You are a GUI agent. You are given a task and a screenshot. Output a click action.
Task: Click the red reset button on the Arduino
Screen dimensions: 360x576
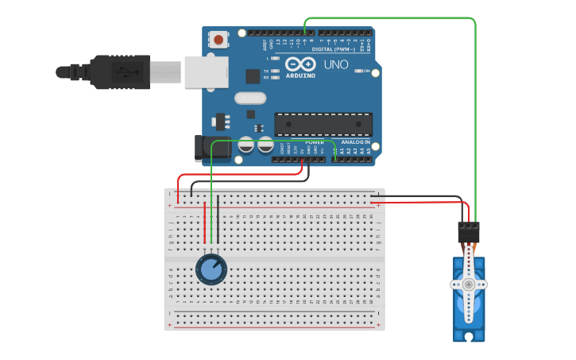pyautogui.click(x=218, y=38)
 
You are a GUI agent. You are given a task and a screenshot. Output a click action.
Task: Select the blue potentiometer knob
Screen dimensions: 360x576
pyautogui.click(x=211, y=269)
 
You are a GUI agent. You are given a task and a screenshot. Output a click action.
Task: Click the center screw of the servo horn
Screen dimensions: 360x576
pyautogui.click(x=469, y=284)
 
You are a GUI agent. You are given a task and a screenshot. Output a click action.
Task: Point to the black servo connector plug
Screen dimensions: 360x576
pyautogui.click(x=469, y=231)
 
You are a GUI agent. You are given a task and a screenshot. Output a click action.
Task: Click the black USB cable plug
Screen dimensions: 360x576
pyautogui.click(x=119, y=72)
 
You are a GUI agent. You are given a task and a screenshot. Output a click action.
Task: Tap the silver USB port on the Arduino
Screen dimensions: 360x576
pyautogui.click(x=206, y=72)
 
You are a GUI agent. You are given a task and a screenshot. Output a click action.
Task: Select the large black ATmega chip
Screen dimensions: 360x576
pyautogui.click(x=323, y=124)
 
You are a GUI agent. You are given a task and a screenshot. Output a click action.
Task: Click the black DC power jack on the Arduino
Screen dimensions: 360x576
pyautogui.click(x=208, y=149)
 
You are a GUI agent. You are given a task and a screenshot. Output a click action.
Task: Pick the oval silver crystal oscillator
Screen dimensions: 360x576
pyautogui.click(x=250, y=99)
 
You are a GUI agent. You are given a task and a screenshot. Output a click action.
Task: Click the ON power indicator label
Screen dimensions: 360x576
pyautogui.click(x=367, y=71)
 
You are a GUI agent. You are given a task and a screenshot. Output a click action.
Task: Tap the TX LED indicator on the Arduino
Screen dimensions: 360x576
pyautogui.click(x=275, y=71)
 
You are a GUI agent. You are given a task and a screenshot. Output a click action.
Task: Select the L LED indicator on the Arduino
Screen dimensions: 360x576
pyautogui.click(x=275, y=58)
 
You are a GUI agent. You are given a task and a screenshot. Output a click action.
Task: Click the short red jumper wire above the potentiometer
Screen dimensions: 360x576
pyautogui.click(x=205, y=223)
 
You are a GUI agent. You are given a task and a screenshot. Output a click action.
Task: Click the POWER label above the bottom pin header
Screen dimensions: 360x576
pyautogui.click(x=303, y=141)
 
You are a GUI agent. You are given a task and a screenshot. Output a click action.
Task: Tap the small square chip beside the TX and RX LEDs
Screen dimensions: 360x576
pyautogui.click(x=253, y=76)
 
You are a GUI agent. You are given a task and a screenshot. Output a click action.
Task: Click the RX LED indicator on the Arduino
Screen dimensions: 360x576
pyautogui.click(x=275, y=77)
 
